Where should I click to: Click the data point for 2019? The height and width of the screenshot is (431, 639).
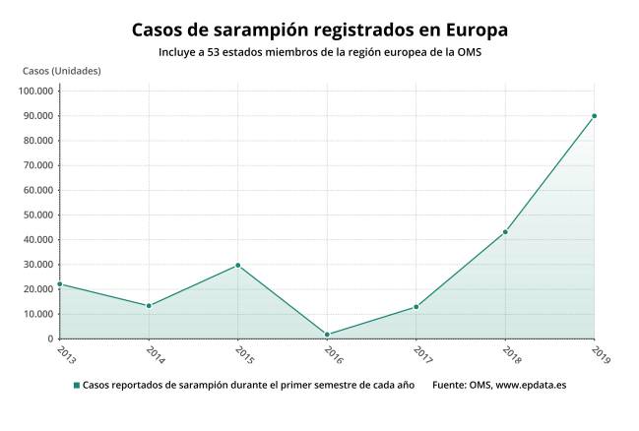click(x=594, y=116)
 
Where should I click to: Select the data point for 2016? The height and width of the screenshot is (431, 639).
click(x=327, y=335)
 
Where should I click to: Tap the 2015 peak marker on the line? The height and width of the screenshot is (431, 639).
click(x=238, y=265)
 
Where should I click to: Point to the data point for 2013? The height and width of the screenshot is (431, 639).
click(x=60, y=284)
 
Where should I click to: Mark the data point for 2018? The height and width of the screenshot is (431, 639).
click(x=505, y=232)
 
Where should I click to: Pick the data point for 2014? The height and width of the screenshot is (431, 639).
click(x=149, y=306)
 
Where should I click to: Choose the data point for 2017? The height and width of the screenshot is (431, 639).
click(x=415, y=307)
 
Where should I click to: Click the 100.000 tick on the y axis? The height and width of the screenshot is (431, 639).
click(x=35, y=92)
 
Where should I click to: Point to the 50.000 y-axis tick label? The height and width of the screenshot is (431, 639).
click(x=37, y=215)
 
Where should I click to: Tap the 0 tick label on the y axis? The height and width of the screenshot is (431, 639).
click(x=50, y=339)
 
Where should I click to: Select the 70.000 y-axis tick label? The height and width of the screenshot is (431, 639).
click(x=37, y=165)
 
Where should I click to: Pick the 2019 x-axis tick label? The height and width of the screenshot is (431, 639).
click(x=599, y=353)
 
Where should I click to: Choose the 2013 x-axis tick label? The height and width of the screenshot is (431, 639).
click(x=65, y=353)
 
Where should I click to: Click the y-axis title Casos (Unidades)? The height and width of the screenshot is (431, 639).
click(x=61, y=71)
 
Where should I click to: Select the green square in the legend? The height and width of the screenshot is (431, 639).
click(x=76, y=385)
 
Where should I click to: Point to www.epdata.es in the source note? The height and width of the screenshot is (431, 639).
click(x=531, y=385)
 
